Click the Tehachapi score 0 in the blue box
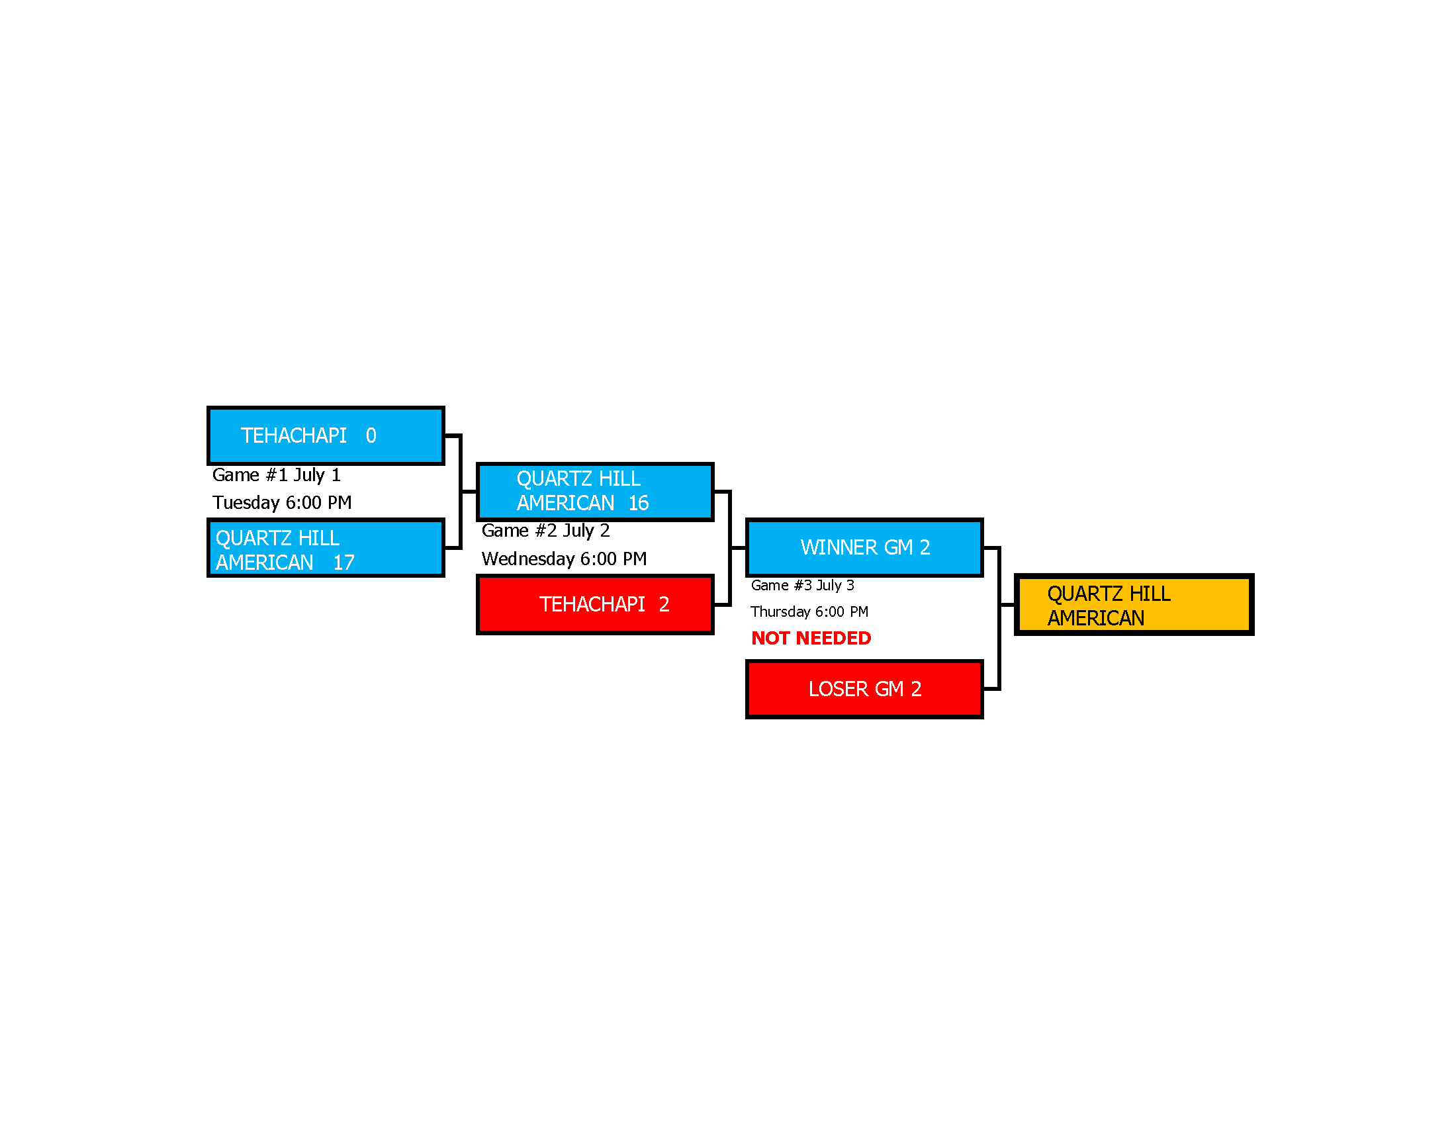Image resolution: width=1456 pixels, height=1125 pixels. (x=371, y=436)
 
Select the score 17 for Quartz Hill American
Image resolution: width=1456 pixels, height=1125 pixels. (x=343, y=562)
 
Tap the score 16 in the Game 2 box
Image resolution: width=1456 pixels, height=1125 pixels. (x=638, y=503)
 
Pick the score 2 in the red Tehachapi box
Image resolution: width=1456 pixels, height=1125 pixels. (x=664, y=604)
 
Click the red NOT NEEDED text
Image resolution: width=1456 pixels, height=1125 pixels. (x=811, y=639)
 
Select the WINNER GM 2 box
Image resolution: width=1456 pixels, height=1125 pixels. (x=865, y=547)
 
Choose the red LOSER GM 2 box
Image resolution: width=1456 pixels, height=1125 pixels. (x=865, y=689)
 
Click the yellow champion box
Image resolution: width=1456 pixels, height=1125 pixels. (x=1134, y=604)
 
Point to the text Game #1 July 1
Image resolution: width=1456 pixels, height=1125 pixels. (x=276, y=475)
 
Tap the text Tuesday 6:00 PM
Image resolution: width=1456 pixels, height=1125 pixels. (x=282, y=502)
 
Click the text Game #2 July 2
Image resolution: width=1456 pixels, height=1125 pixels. (x=545, y=531)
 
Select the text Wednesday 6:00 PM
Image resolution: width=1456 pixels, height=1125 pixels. (x=564, y=559)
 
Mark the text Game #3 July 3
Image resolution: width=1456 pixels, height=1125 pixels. (x=802, y=585)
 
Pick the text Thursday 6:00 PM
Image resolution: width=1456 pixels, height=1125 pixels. (x=809, y=612)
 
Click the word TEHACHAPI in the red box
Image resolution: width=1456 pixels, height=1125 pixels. (x=592, y=604)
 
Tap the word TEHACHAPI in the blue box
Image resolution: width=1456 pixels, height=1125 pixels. (x=293, y=436)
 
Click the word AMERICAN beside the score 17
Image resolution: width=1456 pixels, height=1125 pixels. (x=264, y=562)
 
